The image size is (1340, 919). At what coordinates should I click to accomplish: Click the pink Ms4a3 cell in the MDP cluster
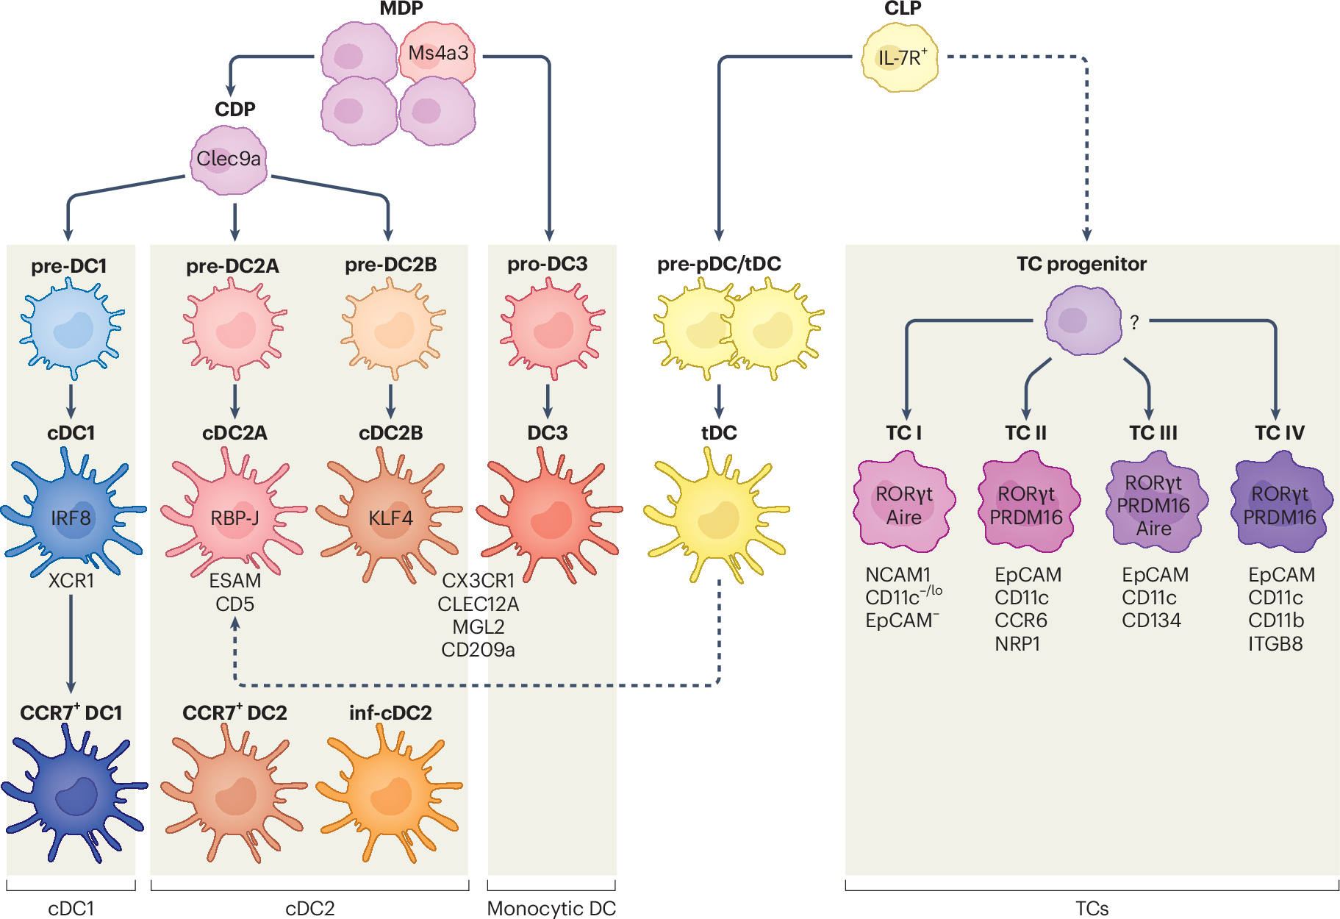pos(437,53)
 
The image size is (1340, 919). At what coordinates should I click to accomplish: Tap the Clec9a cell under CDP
pos(229,160)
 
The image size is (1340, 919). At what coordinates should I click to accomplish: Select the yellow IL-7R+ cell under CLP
pos(901,58)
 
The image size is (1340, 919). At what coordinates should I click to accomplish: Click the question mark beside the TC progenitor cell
pos(1134,322)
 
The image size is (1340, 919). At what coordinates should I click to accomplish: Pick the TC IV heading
pos(1279,433)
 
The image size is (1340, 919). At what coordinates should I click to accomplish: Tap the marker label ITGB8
pos(1275,644)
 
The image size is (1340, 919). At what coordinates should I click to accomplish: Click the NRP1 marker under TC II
pos(1017,644)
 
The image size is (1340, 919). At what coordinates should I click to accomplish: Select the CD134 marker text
pos(1151,621)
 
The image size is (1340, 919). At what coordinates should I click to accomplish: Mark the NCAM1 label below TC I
pos(897,574)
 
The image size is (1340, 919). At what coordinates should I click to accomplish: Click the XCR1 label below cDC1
pos(71,581)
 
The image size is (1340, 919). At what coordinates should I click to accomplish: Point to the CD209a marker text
pos(478,650)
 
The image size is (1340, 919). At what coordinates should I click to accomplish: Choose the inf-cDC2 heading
pos(390,713)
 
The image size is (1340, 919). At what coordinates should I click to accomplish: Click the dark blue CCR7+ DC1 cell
pos(74,793)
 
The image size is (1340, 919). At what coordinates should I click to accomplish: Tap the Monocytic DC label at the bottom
pos(551,909)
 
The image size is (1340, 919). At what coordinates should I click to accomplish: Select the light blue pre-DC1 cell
pos(71,329)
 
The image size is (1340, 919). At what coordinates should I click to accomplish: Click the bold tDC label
pos(719,433)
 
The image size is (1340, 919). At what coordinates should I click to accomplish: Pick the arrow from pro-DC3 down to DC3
pos(548,401)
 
